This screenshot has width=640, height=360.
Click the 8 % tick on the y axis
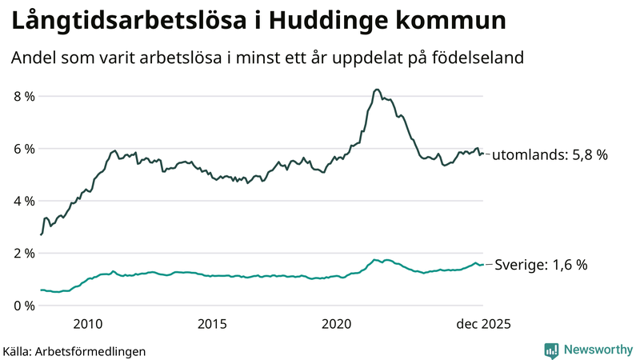pyautogui.click(x=24, y=96)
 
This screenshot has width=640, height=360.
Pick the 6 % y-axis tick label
pyautogui.click(x=24, y=149)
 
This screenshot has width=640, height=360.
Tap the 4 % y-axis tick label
pyautogui.click(x=24, y=201)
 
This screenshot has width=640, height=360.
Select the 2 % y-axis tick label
pyautogui.click(x=24, y=254)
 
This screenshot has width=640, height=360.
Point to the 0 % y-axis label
pyautogui.click(x=24, y=306)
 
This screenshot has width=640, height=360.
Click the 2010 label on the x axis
pyautogui.click(x=87, y=324)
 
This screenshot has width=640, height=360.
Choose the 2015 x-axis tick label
pyautogui.click(x=212, y=324)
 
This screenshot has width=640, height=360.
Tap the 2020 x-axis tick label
pyautogui.click(x=337, y=324)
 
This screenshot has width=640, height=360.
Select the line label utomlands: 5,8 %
pyautogui.click(x=550, y=155)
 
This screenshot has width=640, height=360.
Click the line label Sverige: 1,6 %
pyautogui.click(x=542, y=265)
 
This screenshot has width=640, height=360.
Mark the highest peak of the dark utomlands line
pyautogui.click(x=377, y=90)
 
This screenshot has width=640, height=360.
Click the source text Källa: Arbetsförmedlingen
pyautogui.click(x=74, y=350)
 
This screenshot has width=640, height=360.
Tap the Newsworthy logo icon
pyautogui.click(x=551, y=350)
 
